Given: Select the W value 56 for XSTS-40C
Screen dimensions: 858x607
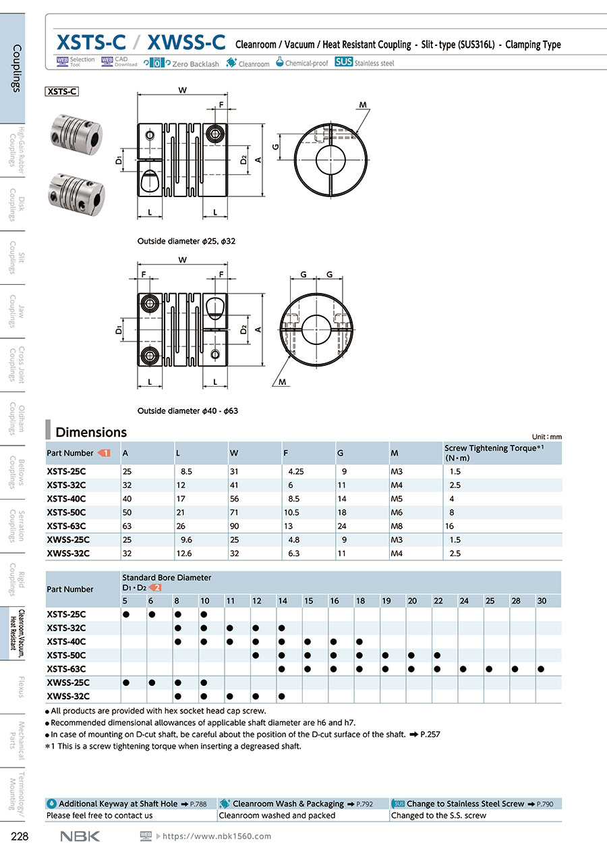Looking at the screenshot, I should coord(234,499).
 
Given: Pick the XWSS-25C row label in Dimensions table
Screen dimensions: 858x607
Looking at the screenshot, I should coord(68,539).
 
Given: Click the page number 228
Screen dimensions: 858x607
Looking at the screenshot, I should coord(20,836).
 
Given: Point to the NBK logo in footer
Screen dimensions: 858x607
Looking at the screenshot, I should coord(80,836).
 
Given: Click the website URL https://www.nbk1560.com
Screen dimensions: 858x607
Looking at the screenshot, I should coord(217,836).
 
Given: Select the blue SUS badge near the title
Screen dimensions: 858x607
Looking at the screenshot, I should coord(343,62).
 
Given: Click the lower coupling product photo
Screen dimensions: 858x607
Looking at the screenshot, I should coord(72,190).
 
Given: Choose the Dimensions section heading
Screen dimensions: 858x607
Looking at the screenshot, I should coord(91,432).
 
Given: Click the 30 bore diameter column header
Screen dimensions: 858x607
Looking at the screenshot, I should coord(542,601).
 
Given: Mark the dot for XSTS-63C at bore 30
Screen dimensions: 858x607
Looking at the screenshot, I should coord(541,669).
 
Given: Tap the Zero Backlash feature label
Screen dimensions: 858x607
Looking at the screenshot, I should coord(195,63).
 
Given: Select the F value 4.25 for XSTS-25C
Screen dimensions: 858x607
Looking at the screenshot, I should coord(295,472).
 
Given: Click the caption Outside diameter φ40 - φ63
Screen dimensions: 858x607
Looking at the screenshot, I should coord(187,410).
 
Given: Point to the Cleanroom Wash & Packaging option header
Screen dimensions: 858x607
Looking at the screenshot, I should coord(288,803).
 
